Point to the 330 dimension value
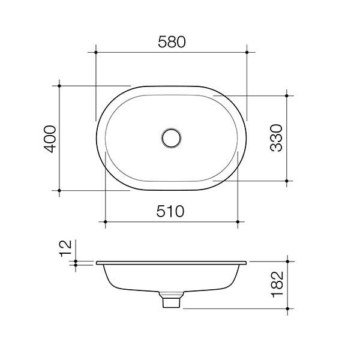277,138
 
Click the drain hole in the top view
172,137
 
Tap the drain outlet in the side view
172,301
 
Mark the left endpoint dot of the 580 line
96,53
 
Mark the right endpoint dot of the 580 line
247,53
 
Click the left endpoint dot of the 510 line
106,222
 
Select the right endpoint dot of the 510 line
238,222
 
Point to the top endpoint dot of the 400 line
59,85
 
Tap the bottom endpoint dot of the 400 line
59,191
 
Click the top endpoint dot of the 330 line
287,95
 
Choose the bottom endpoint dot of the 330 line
287,181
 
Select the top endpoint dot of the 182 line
287,262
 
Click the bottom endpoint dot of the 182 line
287,308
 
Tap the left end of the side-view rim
97,263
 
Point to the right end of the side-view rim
246,263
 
